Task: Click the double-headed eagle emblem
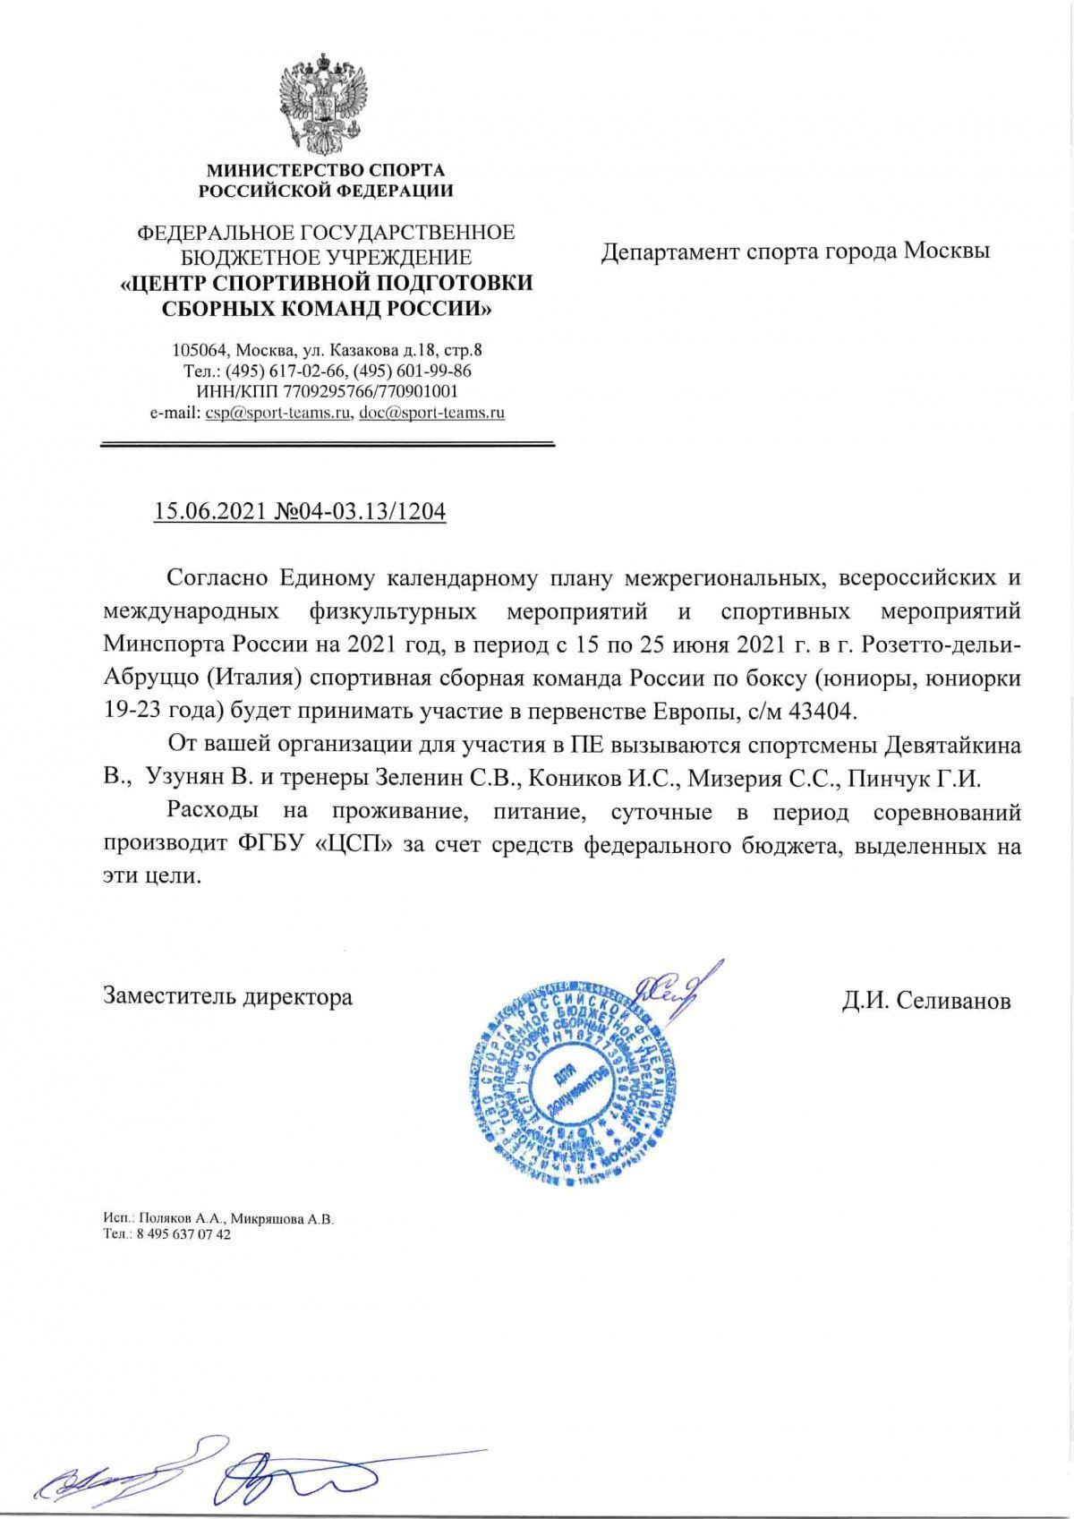pyautogui.click(x=324, y=104)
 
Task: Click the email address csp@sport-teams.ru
pyautogui.click(x=277, y=413)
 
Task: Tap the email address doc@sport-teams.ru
pyautogui.click(x=431, y=413)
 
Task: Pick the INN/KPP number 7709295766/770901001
pyautogui.click(x=371, y=391)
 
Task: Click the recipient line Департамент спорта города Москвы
pyautogui.click(x=795, y=252)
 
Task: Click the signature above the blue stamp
pyautogui.click(x=668, y=987)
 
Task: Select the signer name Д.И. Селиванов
pyautogui.click(x=925, y=1000)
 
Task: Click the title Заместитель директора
pyautogui.click(x=228, y=995)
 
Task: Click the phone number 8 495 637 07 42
pyautogui.click(x=182, y=1234)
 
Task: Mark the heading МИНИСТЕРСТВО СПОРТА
pyautogui.click(x=326, y=169)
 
